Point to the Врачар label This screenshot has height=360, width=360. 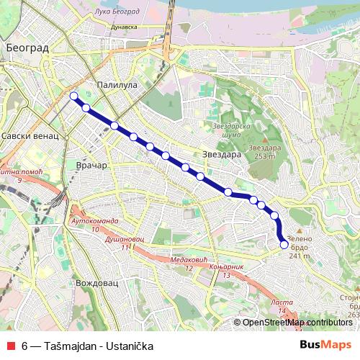[91, 166]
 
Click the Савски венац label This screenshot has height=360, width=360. [26, 135]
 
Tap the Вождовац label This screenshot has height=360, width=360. [96, 284]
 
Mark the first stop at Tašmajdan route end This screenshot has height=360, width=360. [73, 96]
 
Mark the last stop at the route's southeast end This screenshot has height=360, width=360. [284, 245]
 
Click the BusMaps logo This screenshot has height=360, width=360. [325, 346]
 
